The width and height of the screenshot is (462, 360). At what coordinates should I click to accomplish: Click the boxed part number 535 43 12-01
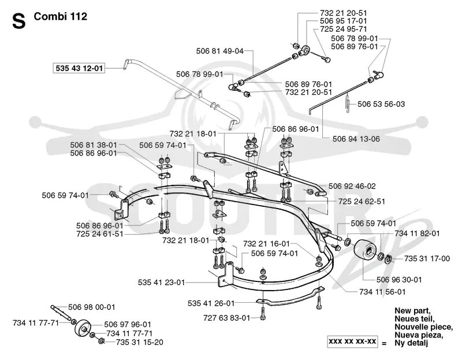point(79,68)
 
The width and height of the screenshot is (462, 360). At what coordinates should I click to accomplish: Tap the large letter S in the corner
point(19,21)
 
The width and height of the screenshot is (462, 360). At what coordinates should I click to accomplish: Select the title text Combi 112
point(61,17)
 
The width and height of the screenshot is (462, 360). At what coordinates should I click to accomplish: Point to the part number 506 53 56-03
point(381,104)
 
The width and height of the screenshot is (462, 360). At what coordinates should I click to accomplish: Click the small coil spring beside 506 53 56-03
point(348,103)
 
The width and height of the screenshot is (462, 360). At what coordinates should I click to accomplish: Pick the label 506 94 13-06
point(356,139)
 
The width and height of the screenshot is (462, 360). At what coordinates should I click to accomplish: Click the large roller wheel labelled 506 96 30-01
point(366,250)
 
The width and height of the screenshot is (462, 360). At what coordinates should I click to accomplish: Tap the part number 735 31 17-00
point(427,258)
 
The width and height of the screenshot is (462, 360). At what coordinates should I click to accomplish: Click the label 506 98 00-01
point(92,307)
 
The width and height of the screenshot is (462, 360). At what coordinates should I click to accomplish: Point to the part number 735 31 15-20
point(140,342)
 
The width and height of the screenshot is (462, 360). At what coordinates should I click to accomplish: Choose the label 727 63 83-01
point(226,318)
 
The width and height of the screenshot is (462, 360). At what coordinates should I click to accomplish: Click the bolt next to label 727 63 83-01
point(263,313)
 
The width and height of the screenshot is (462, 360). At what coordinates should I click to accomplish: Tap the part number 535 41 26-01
point(211,303)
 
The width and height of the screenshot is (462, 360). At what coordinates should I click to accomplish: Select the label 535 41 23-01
point(162,283)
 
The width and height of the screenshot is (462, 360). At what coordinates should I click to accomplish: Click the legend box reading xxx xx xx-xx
point(353,342)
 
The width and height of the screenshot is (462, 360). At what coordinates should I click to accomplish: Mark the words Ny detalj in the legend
point(411,343)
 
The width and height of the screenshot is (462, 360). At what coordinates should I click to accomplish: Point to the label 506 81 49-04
point(220,51)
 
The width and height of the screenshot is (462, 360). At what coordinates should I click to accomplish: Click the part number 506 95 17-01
point(344,21)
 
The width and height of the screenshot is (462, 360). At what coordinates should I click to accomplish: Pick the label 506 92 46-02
point(352,186)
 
